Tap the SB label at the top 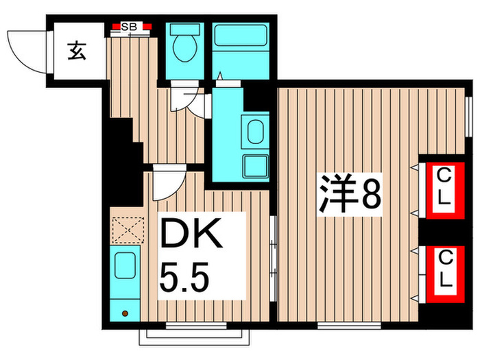129,27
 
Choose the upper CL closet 444,189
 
